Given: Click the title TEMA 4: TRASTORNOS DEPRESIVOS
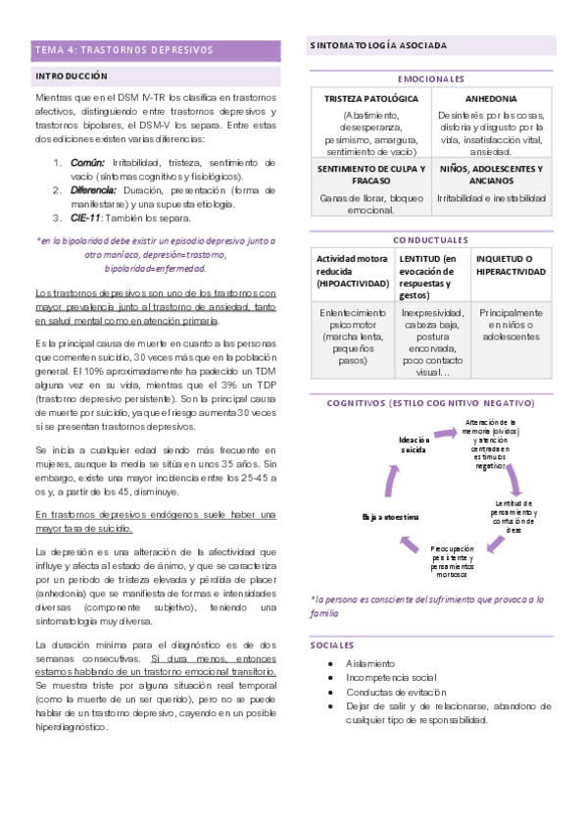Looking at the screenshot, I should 123,48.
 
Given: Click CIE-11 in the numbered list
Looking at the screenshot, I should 84,218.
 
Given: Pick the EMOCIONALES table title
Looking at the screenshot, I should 431,78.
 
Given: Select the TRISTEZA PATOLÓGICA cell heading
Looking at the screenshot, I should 370,99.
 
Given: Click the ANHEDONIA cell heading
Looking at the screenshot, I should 493,99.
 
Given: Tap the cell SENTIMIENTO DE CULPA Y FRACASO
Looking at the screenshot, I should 370,175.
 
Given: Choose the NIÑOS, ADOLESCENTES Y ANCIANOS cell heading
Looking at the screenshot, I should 493,175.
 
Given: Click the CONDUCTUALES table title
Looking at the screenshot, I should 431,239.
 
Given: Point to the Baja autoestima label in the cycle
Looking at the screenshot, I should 391,515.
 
